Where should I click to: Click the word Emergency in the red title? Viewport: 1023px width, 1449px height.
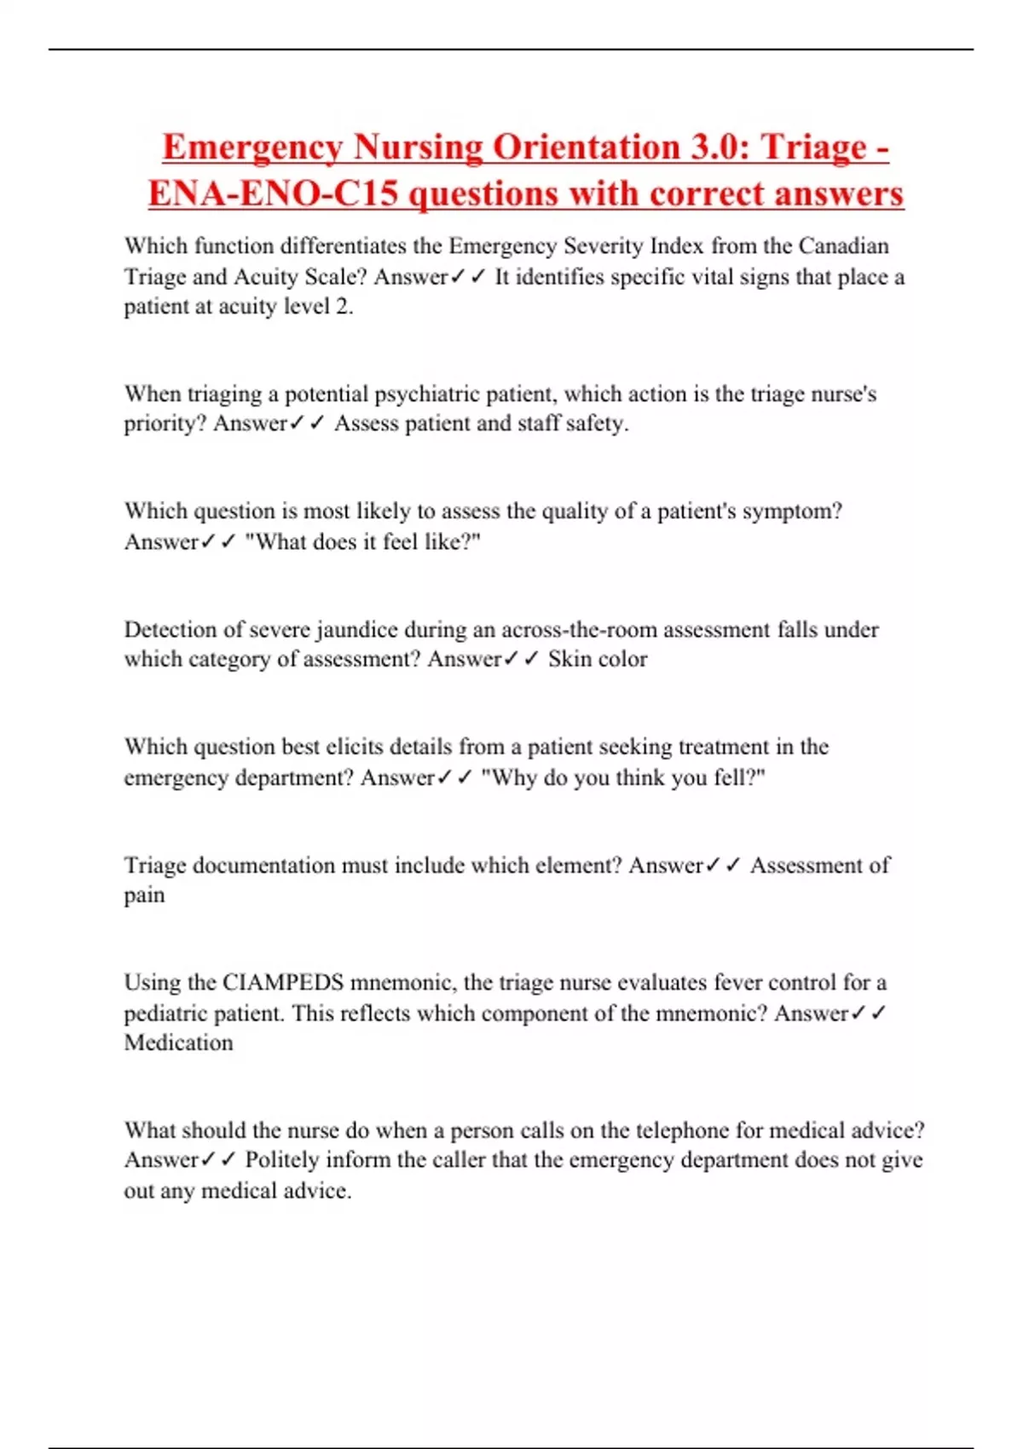coord(251,147)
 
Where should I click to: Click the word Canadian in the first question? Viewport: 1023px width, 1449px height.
coord(843,246)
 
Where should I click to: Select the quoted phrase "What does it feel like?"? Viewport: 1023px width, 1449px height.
coord(363,542)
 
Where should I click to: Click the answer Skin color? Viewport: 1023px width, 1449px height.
coord(598,660)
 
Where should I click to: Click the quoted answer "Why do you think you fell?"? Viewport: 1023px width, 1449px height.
coord(623,778)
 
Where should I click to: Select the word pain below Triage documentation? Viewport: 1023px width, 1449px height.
coord(144,896)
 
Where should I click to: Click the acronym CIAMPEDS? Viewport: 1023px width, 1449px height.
coord(283,983)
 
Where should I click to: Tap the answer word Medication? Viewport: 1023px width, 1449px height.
coord(178,1043)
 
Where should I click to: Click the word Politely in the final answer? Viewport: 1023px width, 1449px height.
coord(281,1161)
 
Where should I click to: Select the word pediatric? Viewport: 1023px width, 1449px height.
coord(164,1013)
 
